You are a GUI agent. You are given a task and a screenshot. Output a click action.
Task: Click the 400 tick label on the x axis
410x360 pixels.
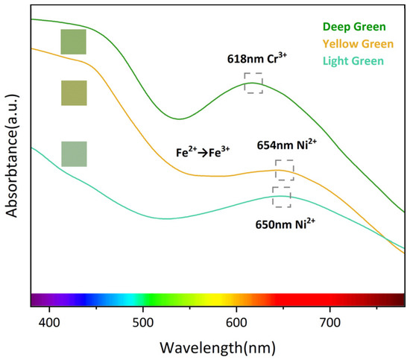point(49,322)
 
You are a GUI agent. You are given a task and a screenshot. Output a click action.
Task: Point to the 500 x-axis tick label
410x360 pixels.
point(143,322)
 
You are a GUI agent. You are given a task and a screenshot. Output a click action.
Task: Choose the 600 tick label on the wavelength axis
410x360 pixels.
point(236,322)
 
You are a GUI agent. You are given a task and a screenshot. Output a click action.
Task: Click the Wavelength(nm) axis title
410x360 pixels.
point(216,347)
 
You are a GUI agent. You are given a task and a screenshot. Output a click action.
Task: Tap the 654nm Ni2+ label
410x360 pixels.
point(288,145)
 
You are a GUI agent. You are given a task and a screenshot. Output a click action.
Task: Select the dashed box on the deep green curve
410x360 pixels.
point(253,83)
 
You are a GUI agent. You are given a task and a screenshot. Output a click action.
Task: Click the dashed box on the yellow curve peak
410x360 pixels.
point(285,170)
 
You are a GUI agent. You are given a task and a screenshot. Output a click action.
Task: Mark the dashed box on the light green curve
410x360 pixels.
point(282,197)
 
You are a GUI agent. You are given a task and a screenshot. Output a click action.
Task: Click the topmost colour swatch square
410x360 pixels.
point(74,42)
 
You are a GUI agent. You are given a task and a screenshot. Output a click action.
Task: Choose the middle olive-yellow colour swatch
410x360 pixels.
point(74,93)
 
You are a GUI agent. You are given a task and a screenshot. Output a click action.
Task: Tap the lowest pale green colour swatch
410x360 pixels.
point(74,154)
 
